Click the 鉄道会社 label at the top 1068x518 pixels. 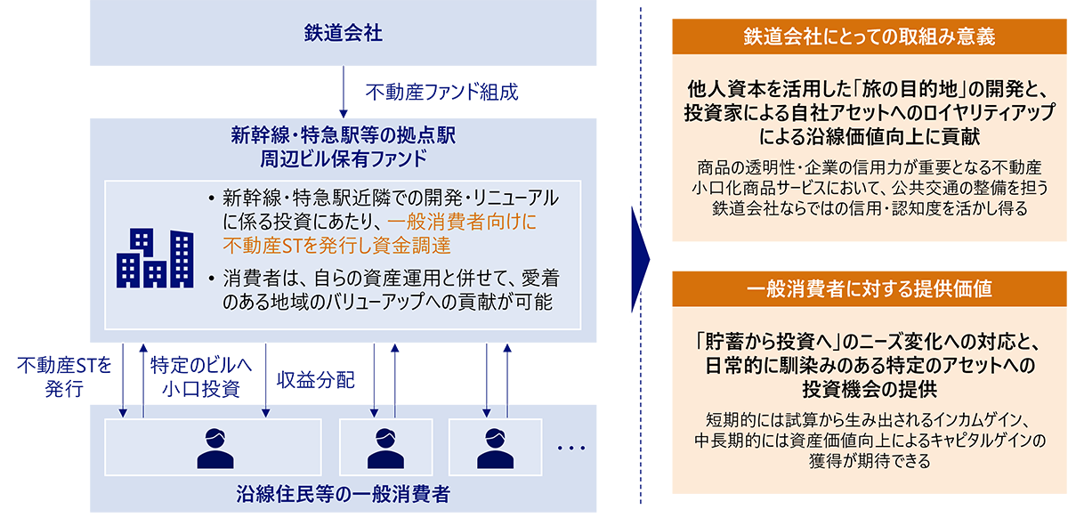tap(331, 35)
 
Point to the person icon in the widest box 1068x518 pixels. tap(214, 447)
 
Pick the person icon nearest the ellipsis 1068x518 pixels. tap(491, 447)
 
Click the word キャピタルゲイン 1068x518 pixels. tap(983, 441)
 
